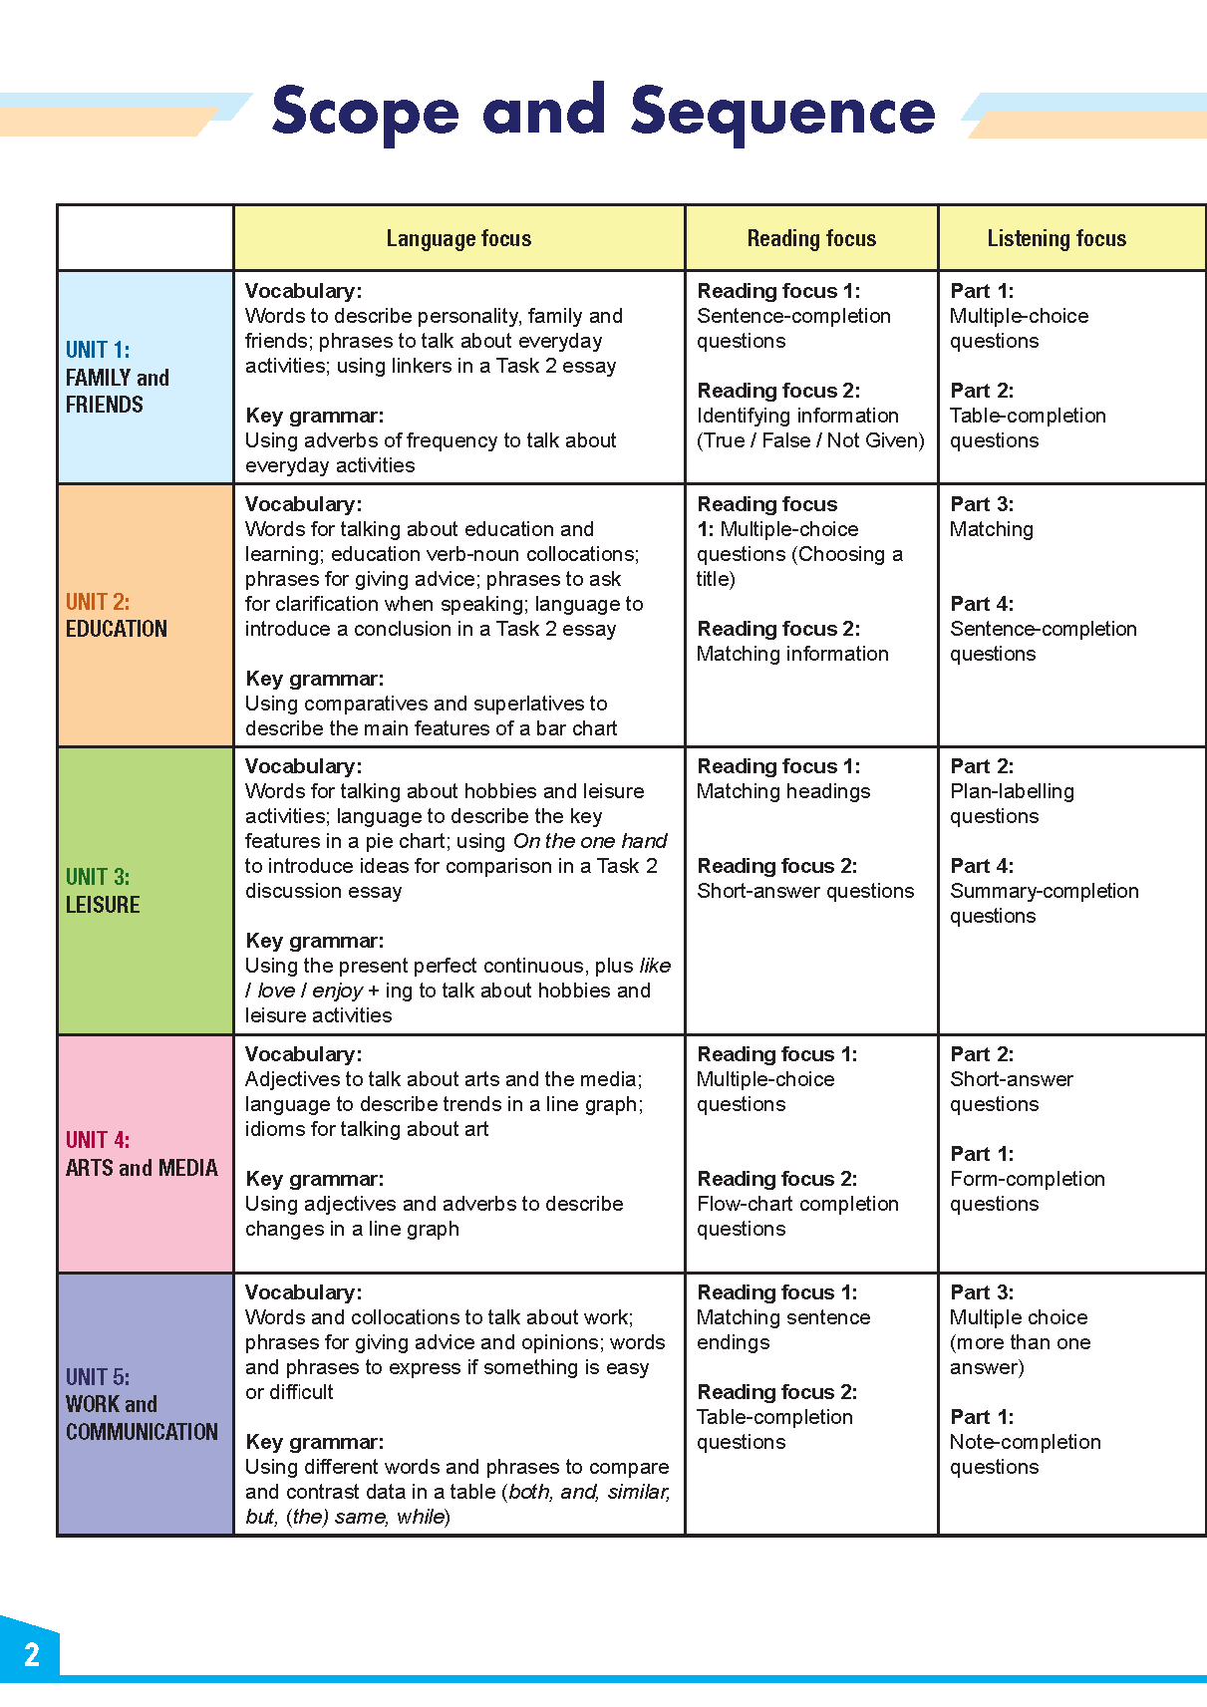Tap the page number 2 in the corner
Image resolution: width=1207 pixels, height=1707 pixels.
coord(32,1654)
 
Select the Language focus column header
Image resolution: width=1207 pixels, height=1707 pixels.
coord(458,238)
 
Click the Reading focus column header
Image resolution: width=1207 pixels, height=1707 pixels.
coord(811,238)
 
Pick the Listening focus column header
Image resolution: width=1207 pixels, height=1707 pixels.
coord(1056,238)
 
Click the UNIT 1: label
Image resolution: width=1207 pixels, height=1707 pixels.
coord(98,350)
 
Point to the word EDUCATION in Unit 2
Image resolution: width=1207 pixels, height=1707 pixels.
coord(117,629)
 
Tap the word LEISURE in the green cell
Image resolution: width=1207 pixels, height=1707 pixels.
coord(103,905)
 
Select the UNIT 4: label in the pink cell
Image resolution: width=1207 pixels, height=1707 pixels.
coord(98,1140)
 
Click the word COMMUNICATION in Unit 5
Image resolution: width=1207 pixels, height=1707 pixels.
coord(142,1432)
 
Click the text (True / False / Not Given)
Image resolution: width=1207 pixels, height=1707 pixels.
coord(810,440)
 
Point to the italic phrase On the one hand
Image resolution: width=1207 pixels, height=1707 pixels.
coord(590,841)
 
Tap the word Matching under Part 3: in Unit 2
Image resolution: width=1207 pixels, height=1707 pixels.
coord(992,529)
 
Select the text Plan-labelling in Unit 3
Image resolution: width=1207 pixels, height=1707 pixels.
coord(1012,791)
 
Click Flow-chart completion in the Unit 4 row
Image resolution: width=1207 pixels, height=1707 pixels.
coord(797,1204)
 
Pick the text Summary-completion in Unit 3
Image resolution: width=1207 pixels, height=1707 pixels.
coord(1044,891)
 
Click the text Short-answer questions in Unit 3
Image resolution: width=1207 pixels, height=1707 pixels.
coord(805,891)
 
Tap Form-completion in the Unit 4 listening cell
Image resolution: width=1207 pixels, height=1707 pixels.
coord(1027,1179)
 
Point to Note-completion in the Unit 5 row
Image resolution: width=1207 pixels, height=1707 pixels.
coord(1025,1442)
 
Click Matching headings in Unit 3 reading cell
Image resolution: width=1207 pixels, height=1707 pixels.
coord(783,791)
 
